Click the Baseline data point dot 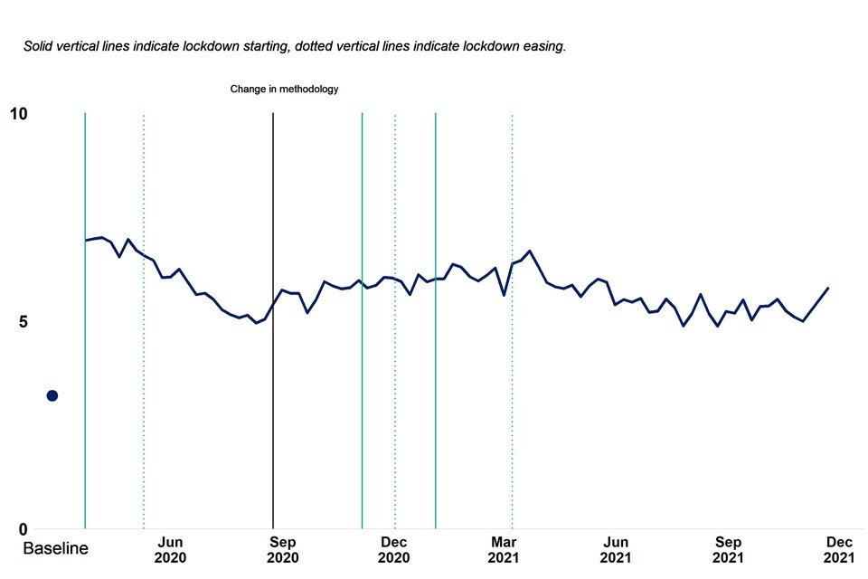(x=52, y=395)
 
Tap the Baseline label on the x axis (x=56, y=549)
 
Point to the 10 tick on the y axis (x=18, y=114)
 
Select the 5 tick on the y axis (x=23, y=322)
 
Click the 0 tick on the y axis (x=23, y=529)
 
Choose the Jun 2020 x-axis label (x=171, y=549)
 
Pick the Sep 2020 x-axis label (x=283, y=549)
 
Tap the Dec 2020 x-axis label (x=393, y=549)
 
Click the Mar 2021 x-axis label (x=505, y=549)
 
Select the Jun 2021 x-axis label (x=616, y=549)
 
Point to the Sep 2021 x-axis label (x=730, y=549)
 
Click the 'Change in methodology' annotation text (x=284, y=90)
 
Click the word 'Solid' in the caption (x=40, y=46)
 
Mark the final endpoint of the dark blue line (x=829, y=288)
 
